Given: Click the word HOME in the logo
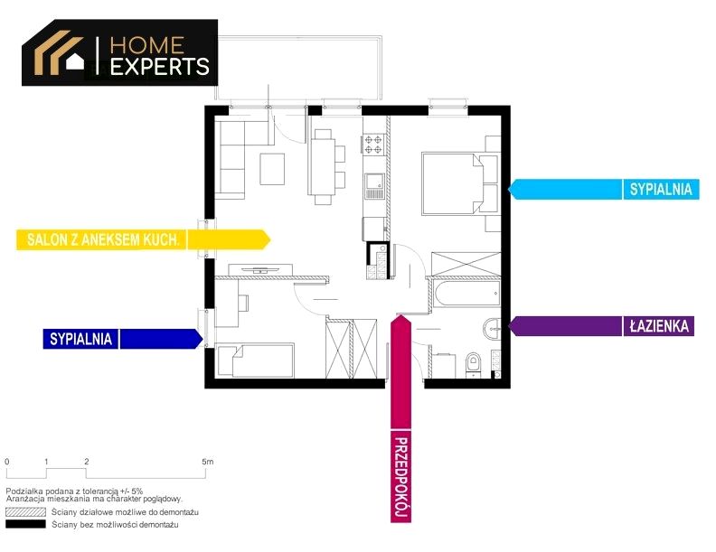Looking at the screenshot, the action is point(147,45).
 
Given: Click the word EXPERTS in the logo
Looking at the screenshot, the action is point(160,67).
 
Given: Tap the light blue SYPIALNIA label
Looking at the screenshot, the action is point(661,190).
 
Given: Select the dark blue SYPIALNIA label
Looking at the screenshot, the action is point(80,339).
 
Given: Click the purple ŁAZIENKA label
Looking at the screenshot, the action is point(659,326).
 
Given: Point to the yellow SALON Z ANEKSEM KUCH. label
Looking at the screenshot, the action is point(102,239).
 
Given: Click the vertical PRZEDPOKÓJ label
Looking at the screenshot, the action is point(400,479).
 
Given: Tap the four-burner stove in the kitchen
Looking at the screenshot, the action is point(373,145).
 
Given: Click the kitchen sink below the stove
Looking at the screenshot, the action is point(374,186).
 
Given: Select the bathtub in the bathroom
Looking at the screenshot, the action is point(466,294).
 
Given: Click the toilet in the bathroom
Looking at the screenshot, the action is point(474,364).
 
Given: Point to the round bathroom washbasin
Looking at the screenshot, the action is point(492,328).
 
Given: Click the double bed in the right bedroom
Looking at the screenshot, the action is point(453,183).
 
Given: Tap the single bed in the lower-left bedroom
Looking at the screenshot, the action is point(256,360).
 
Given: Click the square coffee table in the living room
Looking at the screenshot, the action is point(272,169).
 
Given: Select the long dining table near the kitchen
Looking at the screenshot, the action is point(323,166).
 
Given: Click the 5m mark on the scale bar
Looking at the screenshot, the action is point(208,462).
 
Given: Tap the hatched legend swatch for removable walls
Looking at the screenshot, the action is point(25,512).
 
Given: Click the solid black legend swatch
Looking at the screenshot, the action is point(25,524).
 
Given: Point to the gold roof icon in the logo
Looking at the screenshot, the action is point(59,52).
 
